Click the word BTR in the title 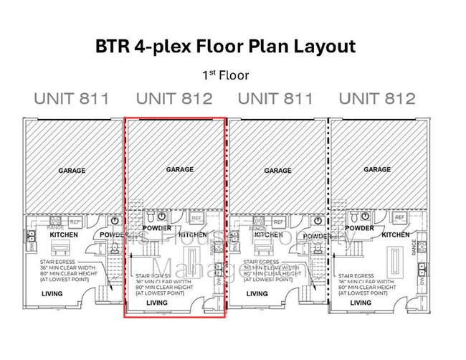(112, 47)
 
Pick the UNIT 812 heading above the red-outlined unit (174, 98)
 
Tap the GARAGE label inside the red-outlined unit (180, 170)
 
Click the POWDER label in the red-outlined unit (157, 228)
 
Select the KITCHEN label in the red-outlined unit (192, 235)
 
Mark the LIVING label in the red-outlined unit (156, 303)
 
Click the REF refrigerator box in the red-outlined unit (195, 217)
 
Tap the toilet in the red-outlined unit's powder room (149, 216)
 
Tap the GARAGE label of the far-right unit (377, 170)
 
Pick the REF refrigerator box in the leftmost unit (77, 222)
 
